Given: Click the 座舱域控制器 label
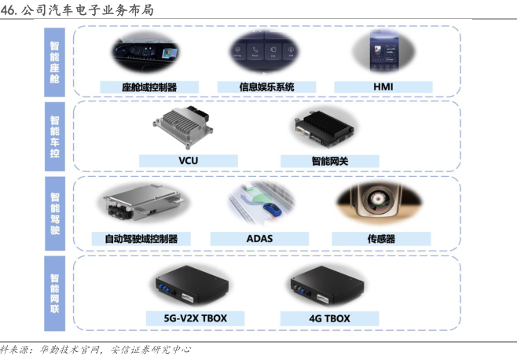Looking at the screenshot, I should tap(149, 86).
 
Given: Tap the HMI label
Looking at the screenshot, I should tap(383, 86).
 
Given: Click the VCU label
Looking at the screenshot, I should tap(188, 161).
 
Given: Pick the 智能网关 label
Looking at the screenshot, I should tap(329, 161).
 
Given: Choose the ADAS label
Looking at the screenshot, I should tap(258, 238).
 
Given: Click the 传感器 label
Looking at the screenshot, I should tap(380, 238).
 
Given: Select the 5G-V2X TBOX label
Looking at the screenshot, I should tap(196, 318).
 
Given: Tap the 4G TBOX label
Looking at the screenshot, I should tap(329, 318).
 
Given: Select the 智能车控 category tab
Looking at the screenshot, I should tap(55, 137).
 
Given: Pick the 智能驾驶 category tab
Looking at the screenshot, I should tap(55, 213).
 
